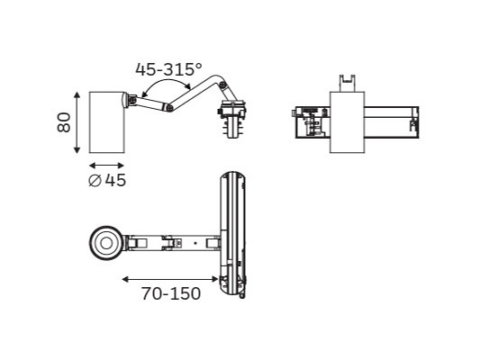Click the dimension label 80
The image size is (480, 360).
tap(64, 122)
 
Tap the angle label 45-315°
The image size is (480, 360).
tap(168, 69)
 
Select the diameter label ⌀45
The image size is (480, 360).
tap(107, 180)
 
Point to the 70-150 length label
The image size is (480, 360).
tap(171, 293)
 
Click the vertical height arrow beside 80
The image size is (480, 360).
tap(77, 122)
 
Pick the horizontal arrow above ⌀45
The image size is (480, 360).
tap(106, 166)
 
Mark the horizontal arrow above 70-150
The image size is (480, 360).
tap(170, 279)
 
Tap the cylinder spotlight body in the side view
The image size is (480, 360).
tap(106, 122)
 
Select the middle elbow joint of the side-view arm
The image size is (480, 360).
tap(169, 107)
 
